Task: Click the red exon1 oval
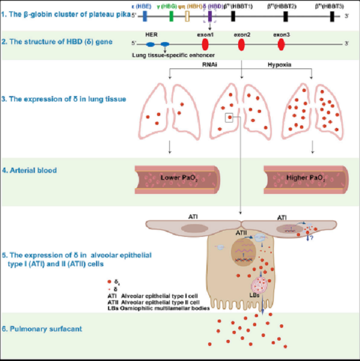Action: pyautogui.click(x=204, y=44)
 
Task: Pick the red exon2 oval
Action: pyautogui.click(x=241, y=44)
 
